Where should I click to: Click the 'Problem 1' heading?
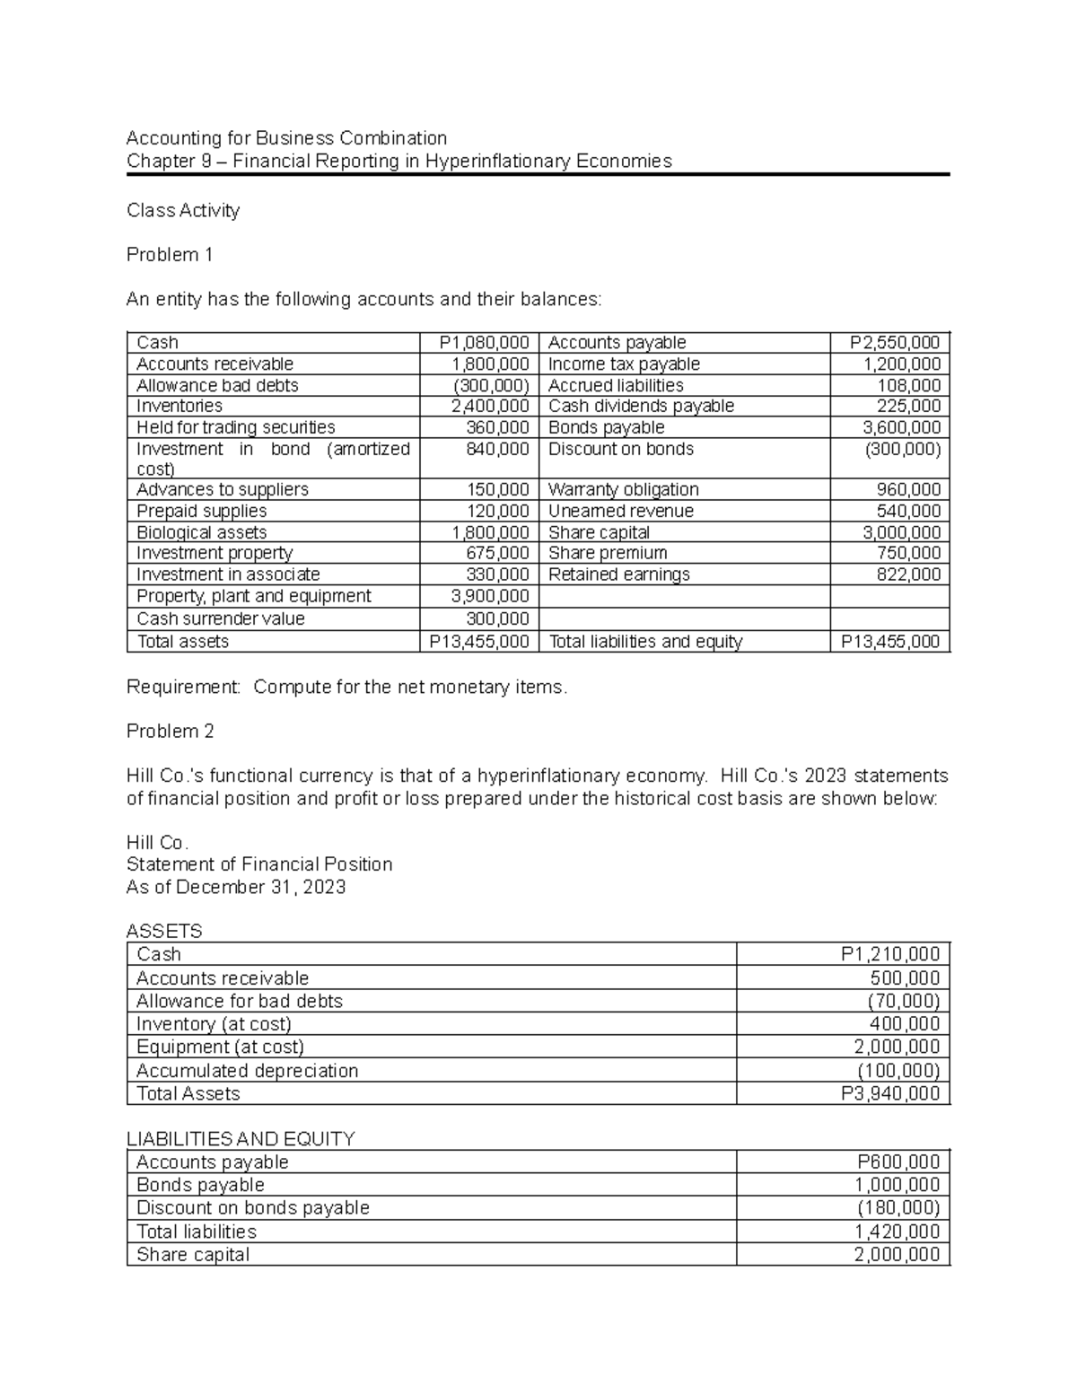pos(170,255)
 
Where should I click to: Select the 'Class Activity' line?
pos(183,210)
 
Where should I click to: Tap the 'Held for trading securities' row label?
pos(235,427)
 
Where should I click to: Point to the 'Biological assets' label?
pos(201,532)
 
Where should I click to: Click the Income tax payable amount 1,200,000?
pos(901,364)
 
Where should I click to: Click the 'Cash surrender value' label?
pos(221,618)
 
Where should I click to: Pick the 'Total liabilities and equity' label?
pos(645,641)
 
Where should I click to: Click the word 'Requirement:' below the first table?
pos(184,687)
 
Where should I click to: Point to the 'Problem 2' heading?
pos(171,732)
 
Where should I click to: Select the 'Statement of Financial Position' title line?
pos(259,864)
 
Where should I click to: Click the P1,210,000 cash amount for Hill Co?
pos(889,954)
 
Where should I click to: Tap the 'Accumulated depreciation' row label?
pos(247,1071)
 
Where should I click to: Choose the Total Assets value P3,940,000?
pos(889,1093)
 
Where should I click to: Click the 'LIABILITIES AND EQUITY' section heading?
pos(241,1139)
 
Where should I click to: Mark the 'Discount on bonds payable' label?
pos(252,1208)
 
